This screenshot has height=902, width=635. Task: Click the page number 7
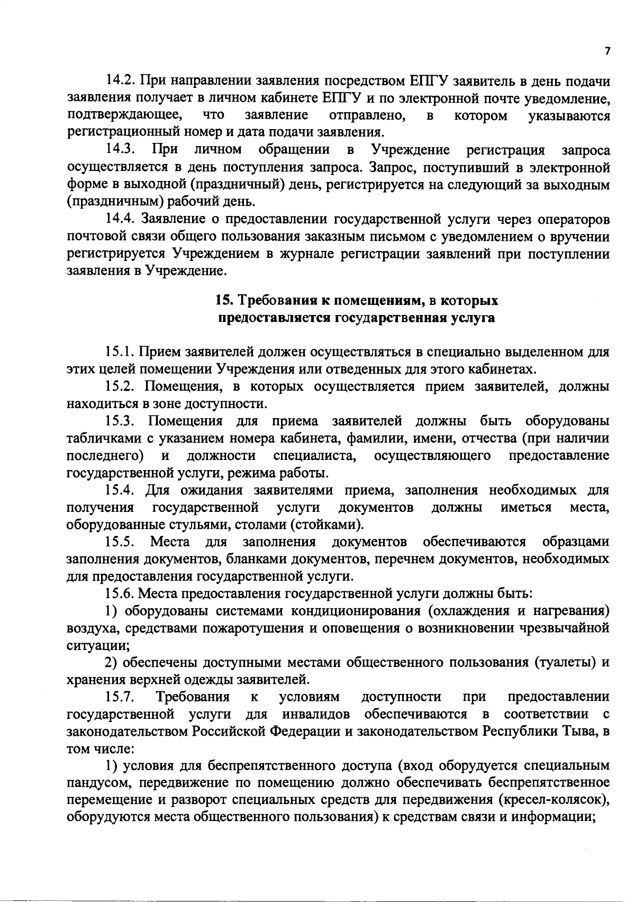click(x=607, y=51)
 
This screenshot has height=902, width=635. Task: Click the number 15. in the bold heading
click(x=223, y=301)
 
